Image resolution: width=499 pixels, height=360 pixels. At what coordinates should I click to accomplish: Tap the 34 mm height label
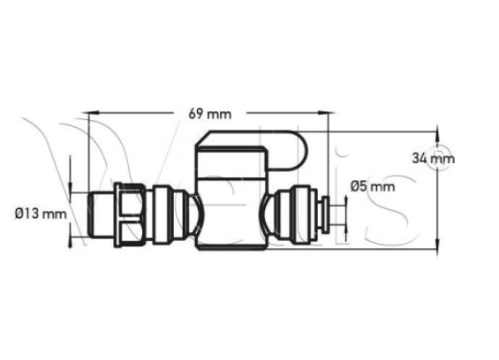[x=433, y=159]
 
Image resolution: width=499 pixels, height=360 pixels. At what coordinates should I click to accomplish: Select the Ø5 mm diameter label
[x=371, y=186]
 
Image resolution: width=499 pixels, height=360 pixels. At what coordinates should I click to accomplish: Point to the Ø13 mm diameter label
[x=41, y=213]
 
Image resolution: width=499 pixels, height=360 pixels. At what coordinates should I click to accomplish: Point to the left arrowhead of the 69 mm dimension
[x=90, y=112]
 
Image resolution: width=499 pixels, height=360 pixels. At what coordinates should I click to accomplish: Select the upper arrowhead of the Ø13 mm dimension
[x=72, y=187]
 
